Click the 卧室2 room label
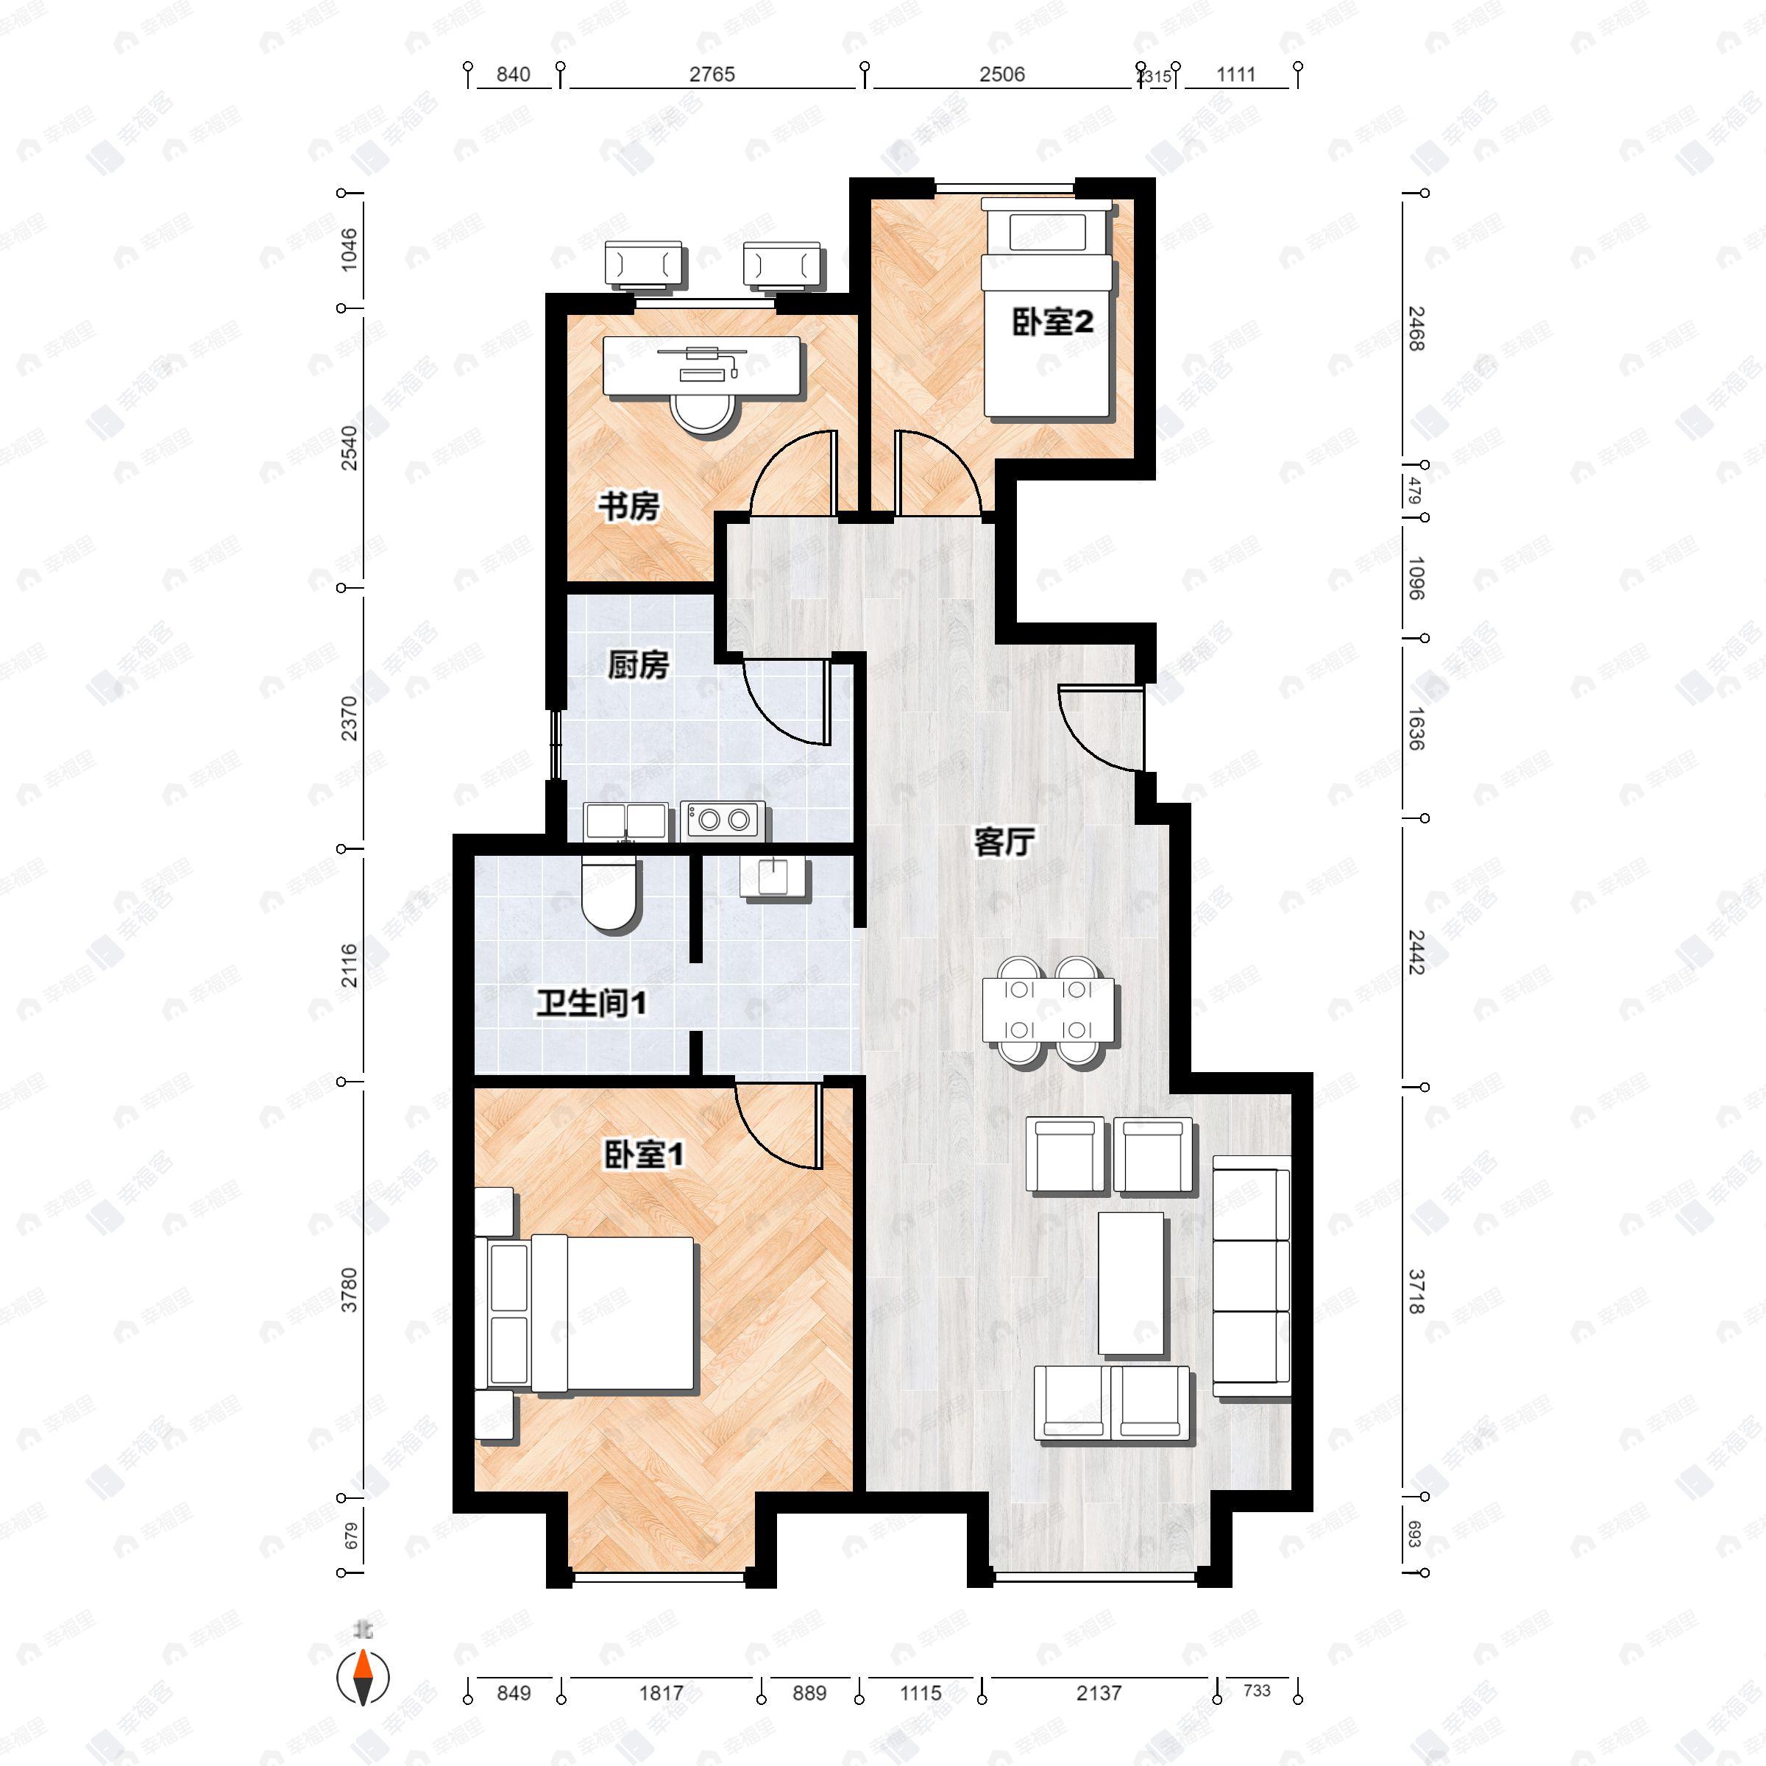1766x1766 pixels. point(1052,323)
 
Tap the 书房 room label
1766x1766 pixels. point(629,506)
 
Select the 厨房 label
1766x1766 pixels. point(638,665)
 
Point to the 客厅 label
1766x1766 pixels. point(1004,842)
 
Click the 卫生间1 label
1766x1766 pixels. point(592,1004)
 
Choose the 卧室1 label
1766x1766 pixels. point(645,1156)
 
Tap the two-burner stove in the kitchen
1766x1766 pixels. point(722,819)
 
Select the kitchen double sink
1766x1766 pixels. point(625,821)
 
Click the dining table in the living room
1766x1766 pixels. point(1049,1010)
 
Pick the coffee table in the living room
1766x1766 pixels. point(1131,1283)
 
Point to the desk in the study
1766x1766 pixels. point(701,366)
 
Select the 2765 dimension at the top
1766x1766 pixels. point(712,75)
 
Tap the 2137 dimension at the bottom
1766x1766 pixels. point(1098,1693)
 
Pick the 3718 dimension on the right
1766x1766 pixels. point(1415,1291)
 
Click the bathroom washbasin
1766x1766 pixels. point(774,879)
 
